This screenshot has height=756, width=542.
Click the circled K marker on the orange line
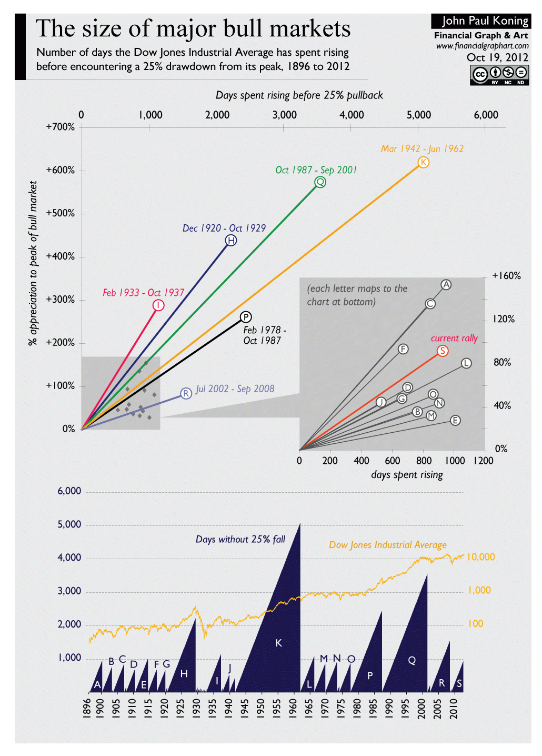(x=423, y=162)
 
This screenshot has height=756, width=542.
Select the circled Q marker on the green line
(x=320, y=182)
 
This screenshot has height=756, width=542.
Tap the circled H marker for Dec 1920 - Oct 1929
(x=230, y=241)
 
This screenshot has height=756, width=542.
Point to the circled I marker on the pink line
(x=158, y=305)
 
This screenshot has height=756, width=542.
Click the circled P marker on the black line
(x=246, y=317)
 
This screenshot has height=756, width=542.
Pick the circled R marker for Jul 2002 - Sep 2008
(x=186, y=393)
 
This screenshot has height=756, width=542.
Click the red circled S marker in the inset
(x=443, y=351)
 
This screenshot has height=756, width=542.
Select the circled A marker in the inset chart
(x=446, y=285)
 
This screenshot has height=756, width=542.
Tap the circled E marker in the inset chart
(x=455, y=420)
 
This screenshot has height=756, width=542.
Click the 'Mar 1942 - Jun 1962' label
(x=422, y=148)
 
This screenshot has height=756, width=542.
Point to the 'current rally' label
(x=454, y=338)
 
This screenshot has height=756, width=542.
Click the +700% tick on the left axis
(x=61, y=127)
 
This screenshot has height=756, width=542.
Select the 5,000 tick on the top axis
(x=418, y=115)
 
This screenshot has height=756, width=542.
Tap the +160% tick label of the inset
(x=506, y=276)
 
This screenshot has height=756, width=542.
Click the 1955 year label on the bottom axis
(x=277, y=708)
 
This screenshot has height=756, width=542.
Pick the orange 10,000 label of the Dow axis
(x=480, y=557)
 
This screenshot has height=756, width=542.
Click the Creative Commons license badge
(x=499, y=75)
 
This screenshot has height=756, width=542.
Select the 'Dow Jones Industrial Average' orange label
(x=387, y=545)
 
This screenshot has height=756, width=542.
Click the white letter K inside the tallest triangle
(x=279, y=643)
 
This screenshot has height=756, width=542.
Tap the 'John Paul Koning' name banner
(x=481, y=21)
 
